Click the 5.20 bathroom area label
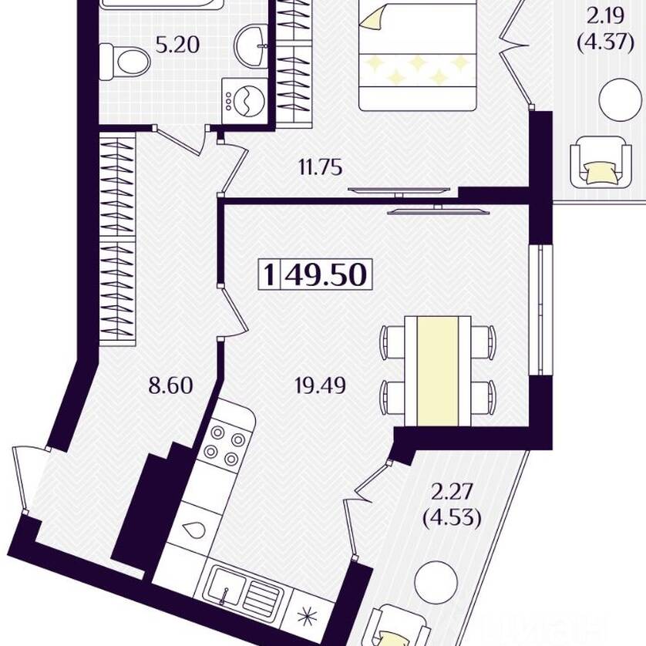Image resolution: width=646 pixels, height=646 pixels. tap(177, 45)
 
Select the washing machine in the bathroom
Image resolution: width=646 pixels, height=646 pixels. tap(244, 100)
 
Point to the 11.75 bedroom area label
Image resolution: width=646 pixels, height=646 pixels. tap(320, 168)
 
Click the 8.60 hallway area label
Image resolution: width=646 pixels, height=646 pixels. tap(170, 386)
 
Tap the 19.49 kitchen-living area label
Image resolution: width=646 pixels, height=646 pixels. tap(321, 386)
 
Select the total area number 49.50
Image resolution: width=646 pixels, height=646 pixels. tap(325, 274)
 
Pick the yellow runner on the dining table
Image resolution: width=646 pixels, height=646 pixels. tap(438, 372)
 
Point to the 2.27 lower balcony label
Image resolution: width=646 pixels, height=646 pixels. tap(451, 492)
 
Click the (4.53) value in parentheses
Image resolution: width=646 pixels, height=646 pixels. tap(452, 518)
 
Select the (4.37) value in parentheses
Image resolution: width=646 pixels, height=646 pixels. tap(605, 42)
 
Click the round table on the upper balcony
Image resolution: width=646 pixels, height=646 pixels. tap(621, 99)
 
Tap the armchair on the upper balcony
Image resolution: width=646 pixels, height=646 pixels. tap(601, 162)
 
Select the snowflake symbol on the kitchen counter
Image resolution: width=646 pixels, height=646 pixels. tap(309, 617)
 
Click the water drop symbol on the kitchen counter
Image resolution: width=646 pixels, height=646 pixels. tap(193, 530)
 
